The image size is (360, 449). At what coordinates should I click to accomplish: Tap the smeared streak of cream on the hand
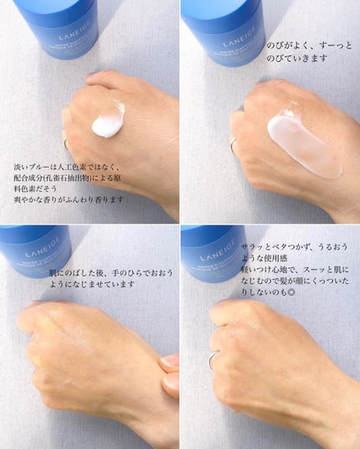pos(303,147)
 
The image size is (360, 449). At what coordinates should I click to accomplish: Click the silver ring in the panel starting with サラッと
pos(213,361)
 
